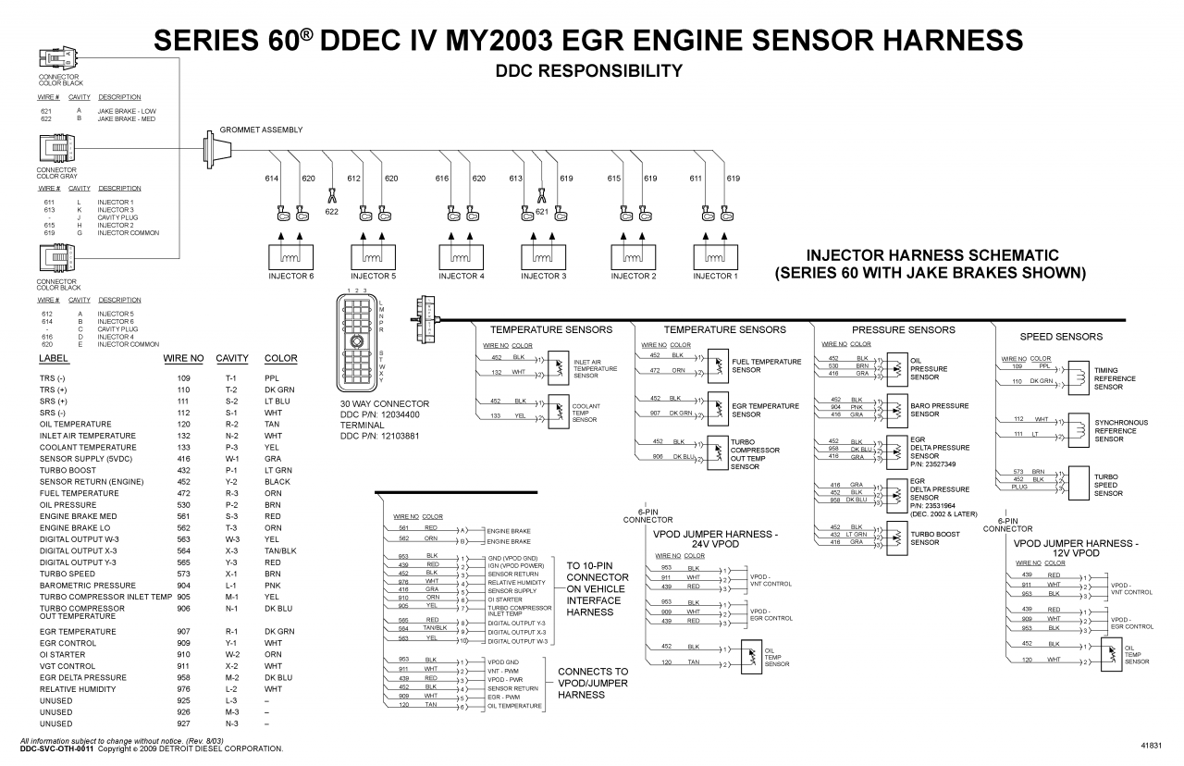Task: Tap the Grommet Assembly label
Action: click(261, 130)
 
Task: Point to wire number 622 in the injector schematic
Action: click(331, 212)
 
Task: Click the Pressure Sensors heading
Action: click(903, 329)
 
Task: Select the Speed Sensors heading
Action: click(1061, 337)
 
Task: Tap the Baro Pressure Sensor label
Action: click(939, 410)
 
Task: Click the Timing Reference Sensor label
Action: click(1115, 378)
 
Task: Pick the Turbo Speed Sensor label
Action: click(1108, 485)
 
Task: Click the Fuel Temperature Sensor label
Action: click(766, 365)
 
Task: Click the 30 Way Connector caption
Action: click(384, 404)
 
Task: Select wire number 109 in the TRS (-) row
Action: click(183, 378)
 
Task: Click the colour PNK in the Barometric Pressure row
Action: click(272, 586)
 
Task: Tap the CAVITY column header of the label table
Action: click(232, 358)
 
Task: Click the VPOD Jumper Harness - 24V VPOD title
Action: click(715, 538)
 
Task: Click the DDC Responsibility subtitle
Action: click(589, 71)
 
